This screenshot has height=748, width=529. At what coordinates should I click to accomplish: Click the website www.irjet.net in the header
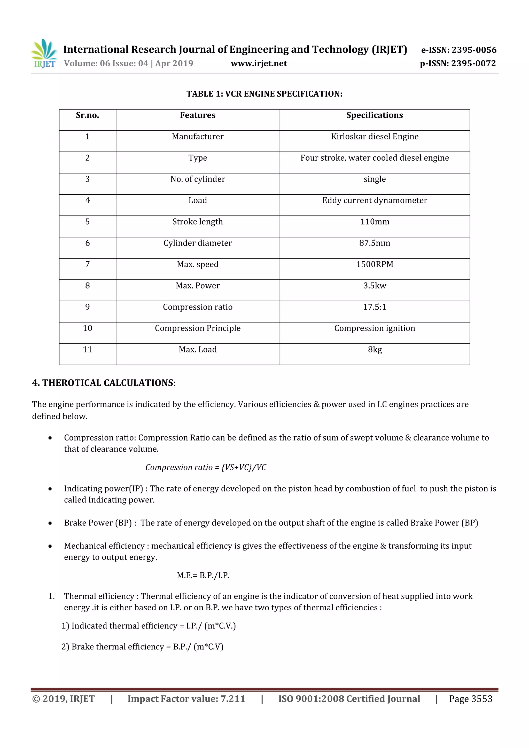click(259, 64)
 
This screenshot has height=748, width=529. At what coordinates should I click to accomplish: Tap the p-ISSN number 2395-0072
click(473, 64)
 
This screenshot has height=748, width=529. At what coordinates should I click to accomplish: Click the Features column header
click(198, 115)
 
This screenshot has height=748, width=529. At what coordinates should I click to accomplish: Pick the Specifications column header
click(375, 115)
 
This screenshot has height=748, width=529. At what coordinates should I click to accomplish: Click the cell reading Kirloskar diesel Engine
click(375, 137)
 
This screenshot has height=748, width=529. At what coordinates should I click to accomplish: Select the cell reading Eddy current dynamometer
click(375, 200)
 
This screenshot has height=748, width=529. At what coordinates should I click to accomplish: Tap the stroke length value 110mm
click(375, 222)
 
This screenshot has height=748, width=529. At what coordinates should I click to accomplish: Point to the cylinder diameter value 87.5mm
click(375, 243)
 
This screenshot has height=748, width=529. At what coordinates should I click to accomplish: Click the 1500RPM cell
click(375, 264)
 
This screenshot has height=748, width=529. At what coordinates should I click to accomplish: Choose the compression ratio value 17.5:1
click(375, 307)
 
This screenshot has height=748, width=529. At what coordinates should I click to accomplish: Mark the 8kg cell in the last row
click(375, 350)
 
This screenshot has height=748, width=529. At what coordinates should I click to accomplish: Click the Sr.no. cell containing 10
click(87, 328)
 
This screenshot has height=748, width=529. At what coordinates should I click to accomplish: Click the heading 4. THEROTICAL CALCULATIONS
click(104, 383)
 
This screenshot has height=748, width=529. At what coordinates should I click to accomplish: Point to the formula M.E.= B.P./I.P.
click(203, 575)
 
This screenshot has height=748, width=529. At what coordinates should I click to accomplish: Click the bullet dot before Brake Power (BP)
click(50, 523)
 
